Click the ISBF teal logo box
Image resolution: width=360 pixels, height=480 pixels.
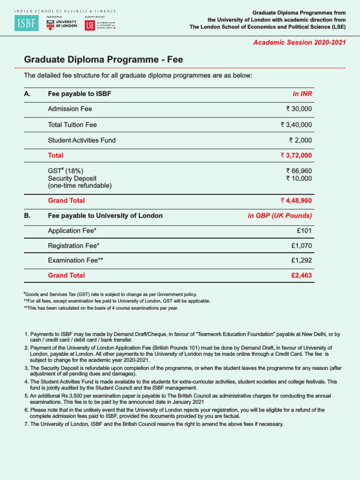[26, 22]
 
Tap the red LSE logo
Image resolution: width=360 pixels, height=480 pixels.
[90, 25]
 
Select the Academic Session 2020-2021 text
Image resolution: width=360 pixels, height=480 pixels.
[300, 42]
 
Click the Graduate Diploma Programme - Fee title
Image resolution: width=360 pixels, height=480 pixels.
[103, 60]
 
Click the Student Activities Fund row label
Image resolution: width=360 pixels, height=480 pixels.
[82, 140]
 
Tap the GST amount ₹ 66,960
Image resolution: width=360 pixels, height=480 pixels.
[299, 171]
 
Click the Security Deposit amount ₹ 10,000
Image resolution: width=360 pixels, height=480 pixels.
[299, 178]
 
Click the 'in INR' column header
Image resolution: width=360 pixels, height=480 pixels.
[302, 94]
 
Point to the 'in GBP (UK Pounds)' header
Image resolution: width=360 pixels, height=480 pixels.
[280, 216]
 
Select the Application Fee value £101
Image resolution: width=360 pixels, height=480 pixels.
[304, 231]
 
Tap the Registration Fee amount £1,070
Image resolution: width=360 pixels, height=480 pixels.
[301, 245]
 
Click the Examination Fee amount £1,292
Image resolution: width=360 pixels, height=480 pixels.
[301, 260]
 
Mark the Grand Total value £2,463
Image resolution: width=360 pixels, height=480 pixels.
[301, 275]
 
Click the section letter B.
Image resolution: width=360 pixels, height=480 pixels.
[27, 216]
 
